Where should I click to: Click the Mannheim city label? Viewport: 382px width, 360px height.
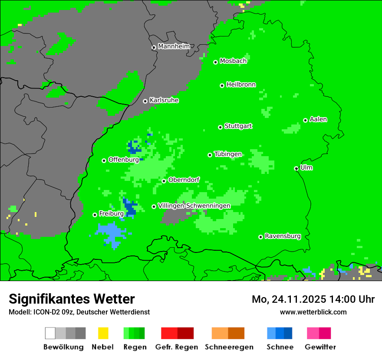point(174,46)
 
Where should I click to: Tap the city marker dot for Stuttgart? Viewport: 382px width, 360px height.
point(220,127)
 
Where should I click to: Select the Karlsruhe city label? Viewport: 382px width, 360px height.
point(164,100)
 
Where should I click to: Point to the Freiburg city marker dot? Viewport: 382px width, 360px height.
point(95,215)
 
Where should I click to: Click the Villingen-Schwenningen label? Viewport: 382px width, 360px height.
point(194,206)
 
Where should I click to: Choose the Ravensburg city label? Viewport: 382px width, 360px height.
point(283,236)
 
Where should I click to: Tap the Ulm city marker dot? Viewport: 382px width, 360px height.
point(296,169)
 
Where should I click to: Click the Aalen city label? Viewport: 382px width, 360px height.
point(318,119)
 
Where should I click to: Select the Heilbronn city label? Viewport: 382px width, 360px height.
point(241,85)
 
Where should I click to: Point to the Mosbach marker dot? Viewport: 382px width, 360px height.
point(215,62)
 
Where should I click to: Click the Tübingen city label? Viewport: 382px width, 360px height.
point(228,154)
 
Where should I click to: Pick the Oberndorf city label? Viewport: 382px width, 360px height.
point(184,180)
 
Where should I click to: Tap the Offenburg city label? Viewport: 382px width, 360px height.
point(123,160)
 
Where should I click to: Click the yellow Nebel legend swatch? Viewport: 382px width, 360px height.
point(103,333)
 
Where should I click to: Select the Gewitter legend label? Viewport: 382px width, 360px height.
point(320,347)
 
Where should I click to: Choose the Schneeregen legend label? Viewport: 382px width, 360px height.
point(229,347)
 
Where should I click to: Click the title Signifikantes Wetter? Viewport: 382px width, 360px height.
point(72,299)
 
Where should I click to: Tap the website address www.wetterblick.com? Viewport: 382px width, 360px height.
point(313,312)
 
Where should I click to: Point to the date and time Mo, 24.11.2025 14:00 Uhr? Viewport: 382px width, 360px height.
point(313,299)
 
